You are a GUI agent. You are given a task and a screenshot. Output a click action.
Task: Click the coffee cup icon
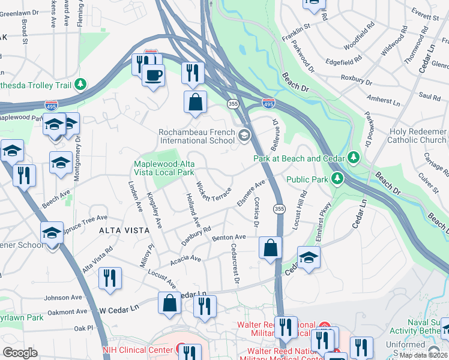[x=153, y=75]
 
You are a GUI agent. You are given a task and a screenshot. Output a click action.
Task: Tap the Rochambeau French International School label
[x=196, y=136]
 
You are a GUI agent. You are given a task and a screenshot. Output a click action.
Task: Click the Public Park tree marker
[x=337, y=179]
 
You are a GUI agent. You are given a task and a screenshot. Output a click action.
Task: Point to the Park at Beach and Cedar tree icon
[x=354, y=158]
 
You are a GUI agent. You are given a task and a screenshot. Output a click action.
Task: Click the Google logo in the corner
[x=20, y=352]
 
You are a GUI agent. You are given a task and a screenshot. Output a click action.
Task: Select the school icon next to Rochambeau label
[x=244, y=136]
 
